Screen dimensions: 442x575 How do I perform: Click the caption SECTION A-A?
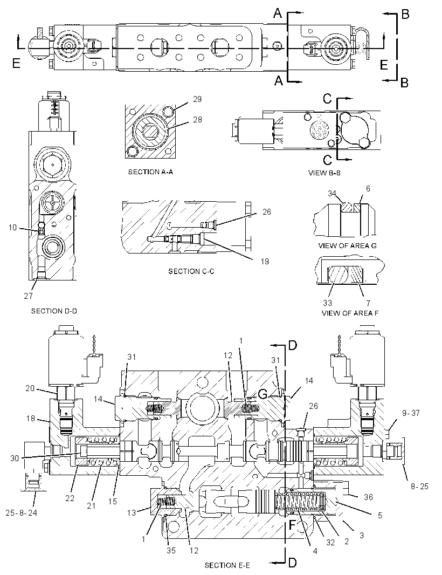[x=150, y=172]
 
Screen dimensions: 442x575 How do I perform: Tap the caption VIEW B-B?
[x=324, y=173]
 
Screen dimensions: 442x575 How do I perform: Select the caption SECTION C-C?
[x=191, y=271]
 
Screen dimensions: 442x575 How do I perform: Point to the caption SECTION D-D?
[x=54, y=311]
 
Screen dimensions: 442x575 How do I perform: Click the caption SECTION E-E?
[x=227, y=565]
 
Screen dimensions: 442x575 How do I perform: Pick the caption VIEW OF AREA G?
[x=348, y=245]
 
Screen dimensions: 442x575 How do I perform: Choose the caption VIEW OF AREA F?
[x=350, y=313]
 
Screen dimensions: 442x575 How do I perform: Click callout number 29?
[x=197, y=99]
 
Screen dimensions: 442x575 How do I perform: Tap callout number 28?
[x=197, y=120]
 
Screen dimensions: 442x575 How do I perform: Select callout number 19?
[x=265, y=261]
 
